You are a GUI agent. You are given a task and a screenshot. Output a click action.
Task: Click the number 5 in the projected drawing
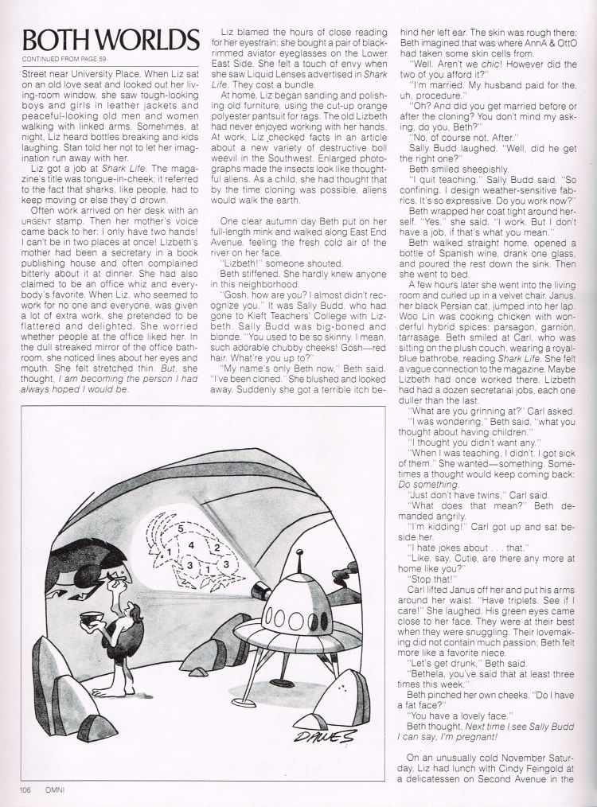(x=182, y=528)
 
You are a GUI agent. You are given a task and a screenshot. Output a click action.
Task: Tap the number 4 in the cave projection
(x=191, y=545)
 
